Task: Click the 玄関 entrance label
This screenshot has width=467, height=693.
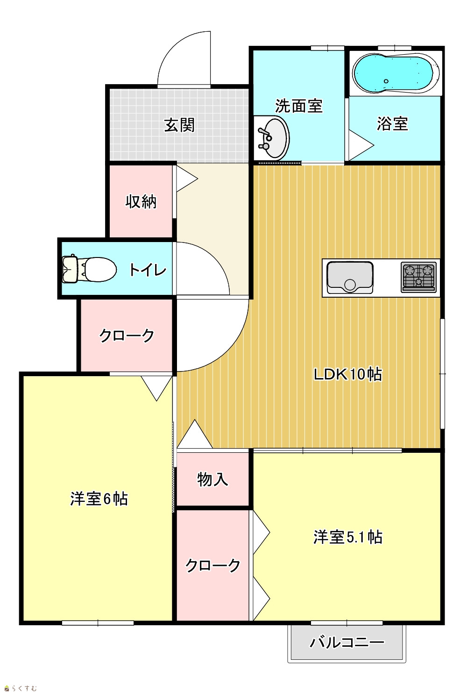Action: pos(179,125)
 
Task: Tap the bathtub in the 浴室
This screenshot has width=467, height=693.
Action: pos(396,74)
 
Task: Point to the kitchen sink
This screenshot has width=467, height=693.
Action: pos(350,278)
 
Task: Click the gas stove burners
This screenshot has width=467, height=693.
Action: pos(419,277)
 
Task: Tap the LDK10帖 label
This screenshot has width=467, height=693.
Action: pos(348,374)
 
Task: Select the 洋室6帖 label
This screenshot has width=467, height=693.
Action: pos(99,499)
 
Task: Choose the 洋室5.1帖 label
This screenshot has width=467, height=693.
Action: pos(348,537)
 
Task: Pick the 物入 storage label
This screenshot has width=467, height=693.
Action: pos(213,479)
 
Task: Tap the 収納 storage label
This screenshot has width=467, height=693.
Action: pos(141,202)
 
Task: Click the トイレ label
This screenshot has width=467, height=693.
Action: pos(148,270)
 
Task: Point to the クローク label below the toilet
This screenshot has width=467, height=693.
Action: pos(127,336)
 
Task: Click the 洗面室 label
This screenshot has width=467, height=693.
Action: pos(299,106)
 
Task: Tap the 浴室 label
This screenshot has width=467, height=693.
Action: pos(392,124)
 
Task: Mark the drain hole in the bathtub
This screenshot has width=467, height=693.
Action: pos(386,81)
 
